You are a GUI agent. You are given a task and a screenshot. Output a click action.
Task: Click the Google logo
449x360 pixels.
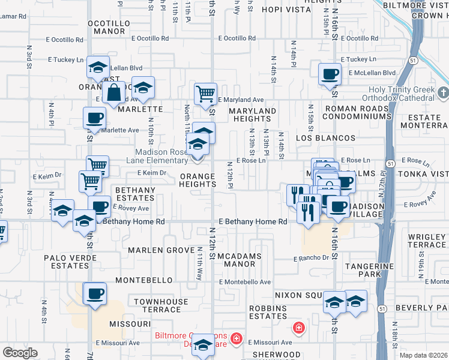[x=20, y=353]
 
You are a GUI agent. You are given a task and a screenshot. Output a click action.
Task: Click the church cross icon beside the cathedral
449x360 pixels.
[x=443, y=93]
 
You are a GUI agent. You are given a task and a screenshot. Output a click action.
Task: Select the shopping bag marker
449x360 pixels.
[x=113, y=94]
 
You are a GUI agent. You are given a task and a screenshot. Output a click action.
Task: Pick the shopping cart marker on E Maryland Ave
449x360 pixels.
[x=205, y=93]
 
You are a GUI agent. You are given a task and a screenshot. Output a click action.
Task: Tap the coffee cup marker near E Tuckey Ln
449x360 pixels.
[x=329, y=75]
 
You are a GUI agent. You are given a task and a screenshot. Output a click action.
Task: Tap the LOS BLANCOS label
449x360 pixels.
[x=318, y=137]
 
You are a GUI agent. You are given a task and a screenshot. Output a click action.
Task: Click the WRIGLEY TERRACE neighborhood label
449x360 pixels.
[x=427, y=241]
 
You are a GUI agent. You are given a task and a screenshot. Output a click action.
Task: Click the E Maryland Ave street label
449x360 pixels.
[x=241, y=100]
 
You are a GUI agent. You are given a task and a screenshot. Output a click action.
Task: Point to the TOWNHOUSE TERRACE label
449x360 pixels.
[x=157, y=305]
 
